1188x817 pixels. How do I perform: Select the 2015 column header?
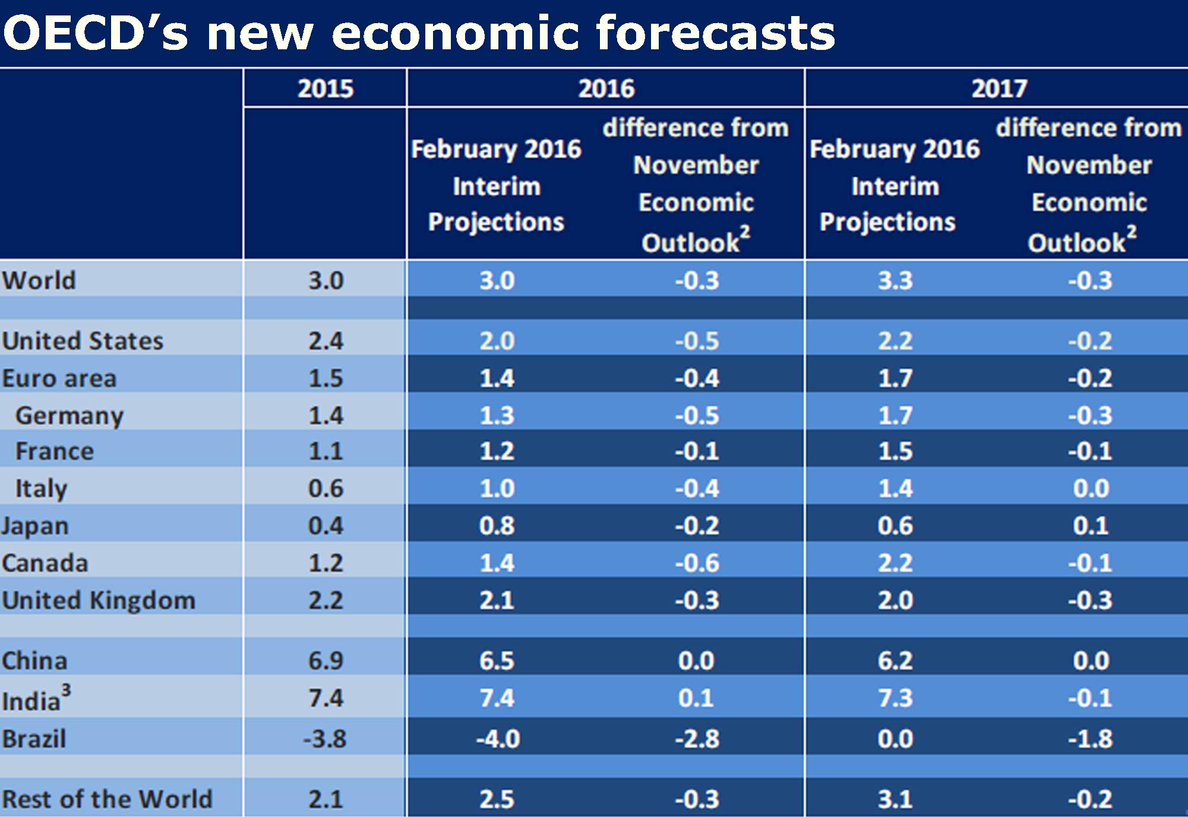click(326, 89)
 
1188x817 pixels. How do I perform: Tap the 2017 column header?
click(999, 89)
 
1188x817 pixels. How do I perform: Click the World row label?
click(39, 280)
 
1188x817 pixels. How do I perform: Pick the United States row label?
click(83, 341)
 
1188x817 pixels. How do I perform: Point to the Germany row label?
click(69, 416)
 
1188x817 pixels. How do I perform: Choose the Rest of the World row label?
click(107, 799)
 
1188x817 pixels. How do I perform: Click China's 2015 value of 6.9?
click(326, 661)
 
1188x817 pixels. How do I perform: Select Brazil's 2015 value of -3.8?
click(324, 739)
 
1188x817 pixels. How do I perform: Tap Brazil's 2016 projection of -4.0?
click(498, 739)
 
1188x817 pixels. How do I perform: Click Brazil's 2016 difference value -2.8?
click(697, 739)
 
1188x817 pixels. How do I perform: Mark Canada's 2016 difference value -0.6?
click(697, 563)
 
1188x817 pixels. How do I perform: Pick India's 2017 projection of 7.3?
click(895, 698)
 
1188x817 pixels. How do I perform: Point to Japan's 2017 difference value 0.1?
click(1091, 526)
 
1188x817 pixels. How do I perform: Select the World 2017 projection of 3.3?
click(895, 280)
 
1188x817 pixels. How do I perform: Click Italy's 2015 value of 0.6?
click(326, 488)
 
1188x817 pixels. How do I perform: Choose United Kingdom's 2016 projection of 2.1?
click(497, 601)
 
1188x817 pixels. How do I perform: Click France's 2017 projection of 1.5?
click(895, 452)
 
